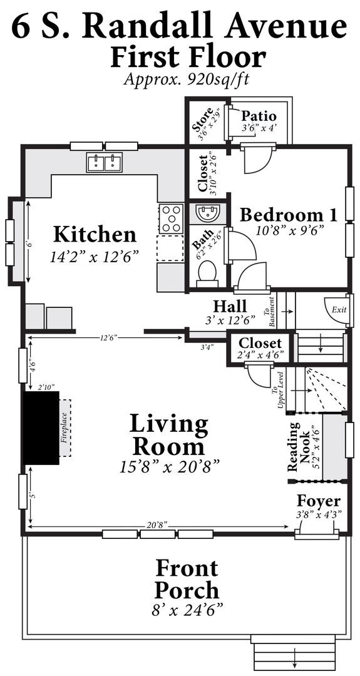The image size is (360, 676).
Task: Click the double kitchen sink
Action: (105, 163)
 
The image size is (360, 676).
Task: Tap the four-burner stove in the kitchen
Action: (172, 219)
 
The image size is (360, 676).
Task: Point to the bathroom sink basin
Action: (208, 212)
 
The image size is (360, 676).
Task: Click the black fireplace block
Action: (41, 428)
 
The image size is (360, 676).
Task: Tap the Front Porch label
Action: (187, 579)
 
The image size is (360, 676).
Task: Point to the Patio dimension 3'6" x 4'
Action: (259, 128)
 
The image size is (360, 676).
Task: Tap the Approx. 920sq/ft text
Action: (187, 79)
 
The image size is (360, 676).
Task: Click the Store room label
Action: (202, 125)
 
